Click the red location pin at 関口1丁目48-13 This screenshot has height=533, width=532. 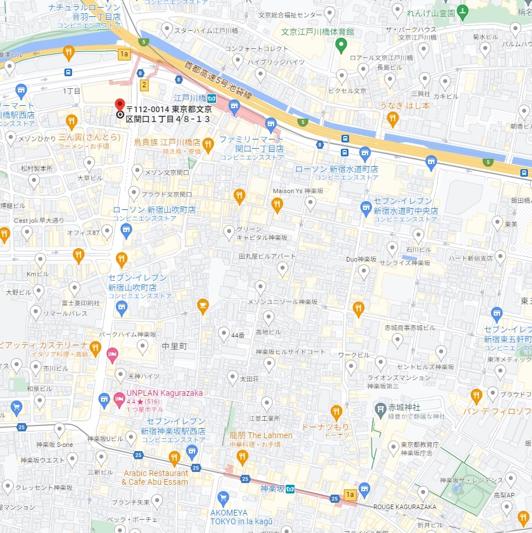(x=120, y=105)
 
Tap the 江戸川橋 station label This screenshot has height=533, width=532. (x=190, y=98)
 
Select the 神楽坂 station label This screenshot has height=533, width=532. (x=272, y=489)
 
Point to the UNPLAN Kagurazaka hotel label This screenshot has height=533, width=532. (x=165, y=393)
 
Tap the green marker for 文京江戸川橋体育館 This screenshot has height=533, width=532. (x=342, y=44)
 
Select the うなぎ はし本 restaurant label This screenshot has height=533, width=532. (x=405, y=106)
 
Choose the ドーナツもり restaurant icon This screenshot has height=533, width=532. (x=336, y=413)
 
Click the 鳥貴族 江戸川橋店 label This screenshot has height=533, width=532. (x=167, y=142)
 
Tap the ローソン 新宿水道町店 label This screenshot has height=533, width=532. (x=337, y=169)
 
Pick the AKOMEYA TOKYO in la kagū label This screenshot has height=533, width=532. (x=236, y=517)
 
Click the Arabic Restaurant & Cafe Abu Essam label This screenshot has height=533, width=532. (x=155, y=477)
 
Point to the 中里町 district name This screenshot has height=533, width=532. (x=174, y=346)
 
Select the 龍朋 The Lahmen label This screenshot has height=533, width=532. (x=261, y=435)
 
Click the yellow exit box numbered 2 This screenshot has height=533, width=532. (x=144, y=85)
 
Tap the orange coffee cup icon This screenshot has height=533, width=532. (x=203, y=305)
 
